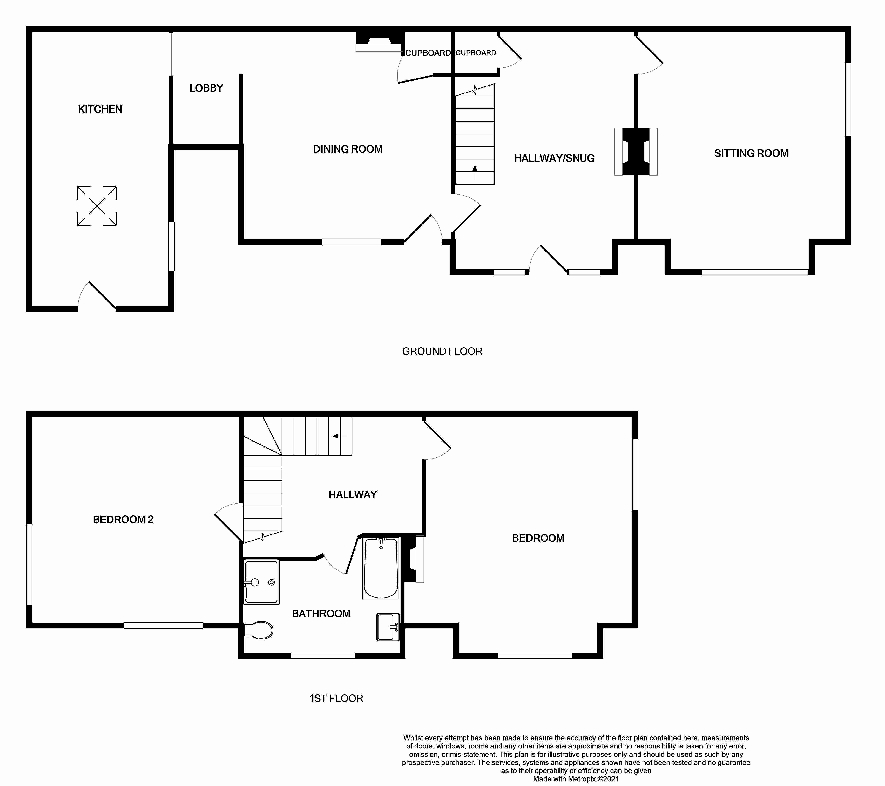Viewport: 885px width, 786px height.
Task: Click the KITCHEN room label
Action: point(100,109)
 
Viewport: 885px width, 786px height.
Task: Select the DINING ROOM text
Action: point(348,149)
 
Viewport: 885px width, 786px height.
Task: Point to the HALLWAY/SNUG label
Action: point(554,158)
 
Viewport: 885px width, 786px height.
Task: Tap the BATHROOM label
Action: point(321,614)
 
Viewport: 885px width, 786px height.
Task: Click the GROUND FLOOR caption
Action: point(442,351)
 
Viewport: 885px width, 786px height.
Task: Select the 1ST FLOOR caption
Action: point(336,699)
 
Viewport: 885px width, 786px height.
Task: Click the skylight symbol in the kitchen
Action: point(97,206)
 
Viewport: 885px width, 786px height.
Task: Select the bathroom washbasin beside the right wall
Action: point(388,627)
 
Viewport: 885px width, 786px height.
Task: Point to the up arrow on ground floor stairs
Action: point(475,172)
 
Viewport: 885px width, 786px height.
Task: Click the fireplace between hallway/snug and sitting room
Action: point(636,152)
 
